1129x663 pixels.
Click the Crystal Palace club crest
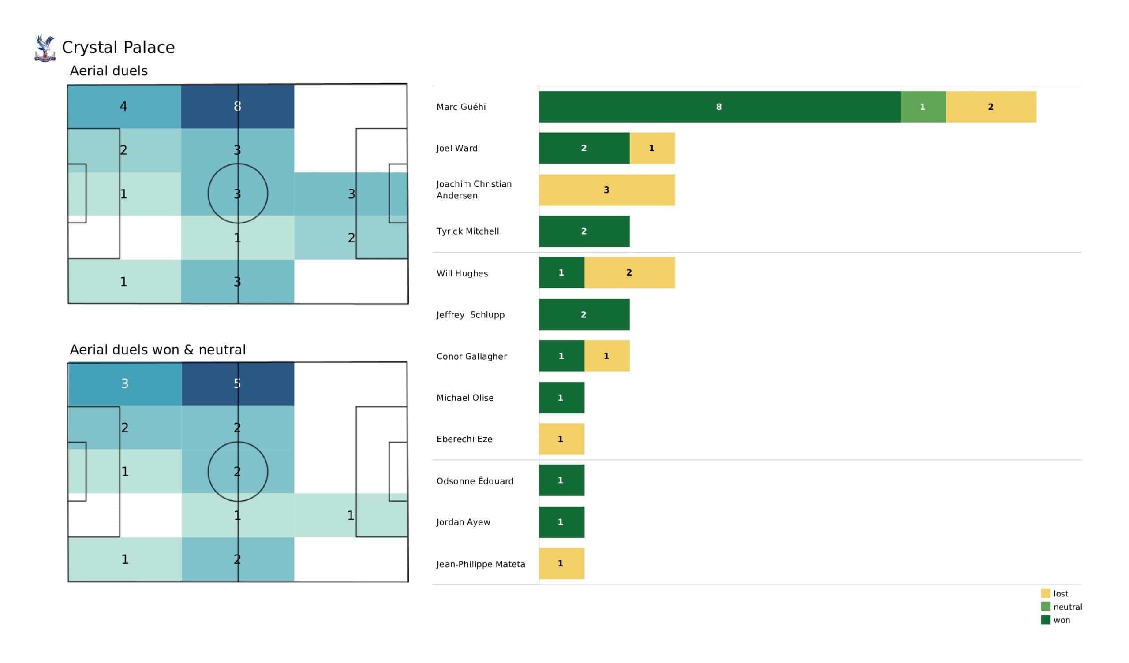[45, 48]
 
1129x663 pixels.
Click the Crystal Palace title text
[118, 48]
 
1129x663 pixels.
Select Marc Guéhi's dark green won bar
[719, 107]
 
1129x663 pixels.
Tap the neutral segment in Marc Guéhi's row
[923, 107]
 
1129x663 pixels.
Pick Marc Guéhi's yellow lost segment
[991, 107]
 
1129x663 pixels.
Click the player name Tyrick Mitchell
[468, 231]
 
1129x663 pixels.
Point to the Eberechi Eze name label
[464, 439]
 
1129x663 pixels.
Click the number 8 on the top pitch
[237, 106]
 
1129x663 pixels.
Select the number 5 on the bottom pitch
[237, 384]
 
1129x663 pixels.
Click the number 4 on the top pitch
[123, 106]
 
